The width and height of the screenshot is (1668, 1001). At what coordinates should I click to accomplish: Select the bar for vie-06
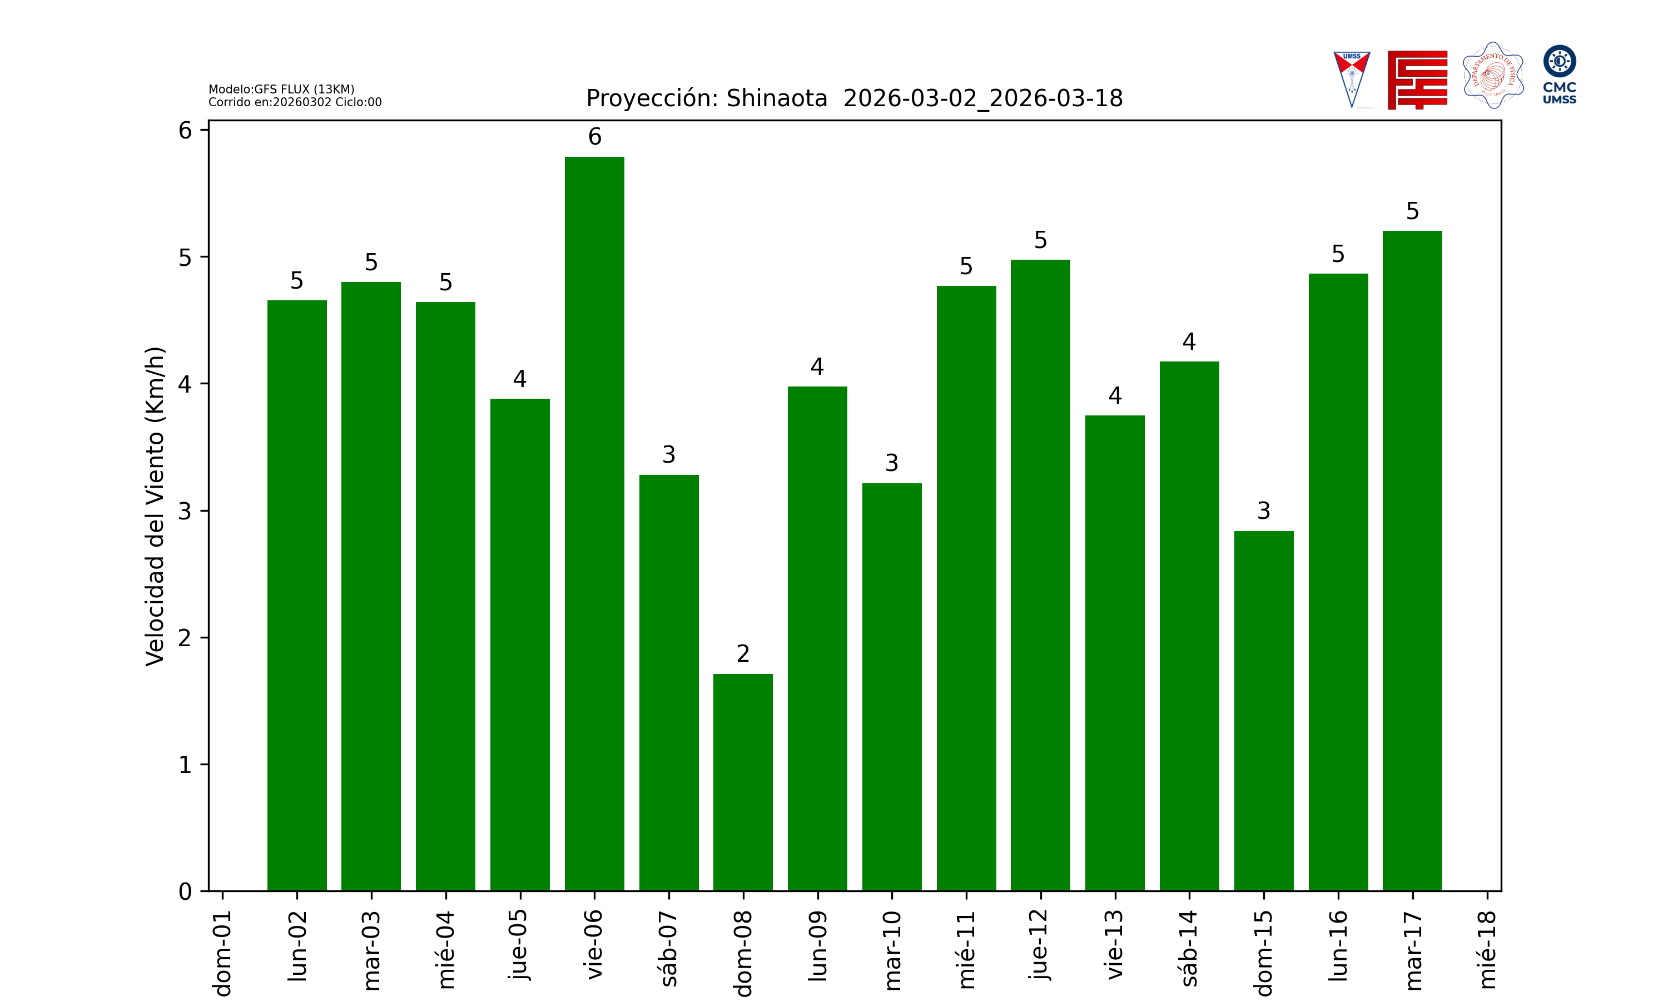[x=594, y=523]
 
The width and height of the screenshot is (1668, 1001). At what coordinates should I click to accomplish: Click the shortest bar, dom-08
[x=743, y=782]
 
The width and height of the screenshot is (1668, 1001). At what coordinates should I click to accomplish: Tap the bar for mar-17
[x=1412, y=561]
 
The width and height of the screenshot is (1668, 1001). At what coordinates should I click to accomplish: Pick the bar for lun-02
[x=297, y=596]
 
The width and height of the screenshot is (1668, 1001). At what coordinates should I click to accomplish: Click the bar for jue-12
[x=1040, y=576]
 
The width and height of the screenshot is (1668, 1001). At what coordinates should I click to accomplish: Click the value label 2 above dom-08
[x=743, y=653]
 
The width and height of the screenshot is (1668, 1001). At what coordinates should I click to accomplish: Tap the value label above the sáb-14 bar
[x=1189, y=342]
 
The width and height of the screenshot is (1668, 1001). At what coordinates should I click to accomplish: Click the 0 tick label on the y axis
[x=185, y=892]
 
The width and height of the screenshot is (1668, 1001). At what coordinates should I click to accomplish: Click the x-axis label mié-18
[x=1487, y=949]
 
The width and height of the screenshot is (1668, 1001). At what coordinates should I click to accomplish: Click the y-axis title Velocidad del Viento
[x=155, y=506]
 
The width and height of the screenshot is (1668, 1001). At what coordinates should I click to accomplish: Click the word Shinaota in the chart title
[x=777, y=98]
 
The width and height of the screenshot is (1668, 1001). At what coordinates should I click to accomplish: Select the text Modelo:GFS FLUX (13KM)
[x=281, y=89]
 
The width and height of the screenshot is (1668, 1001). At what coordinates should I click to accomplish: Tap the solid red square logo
[x=1417, y=80]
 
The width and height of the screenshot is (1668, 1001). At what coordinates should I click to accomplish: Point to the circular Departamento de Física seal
[x=1493, y=76]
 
